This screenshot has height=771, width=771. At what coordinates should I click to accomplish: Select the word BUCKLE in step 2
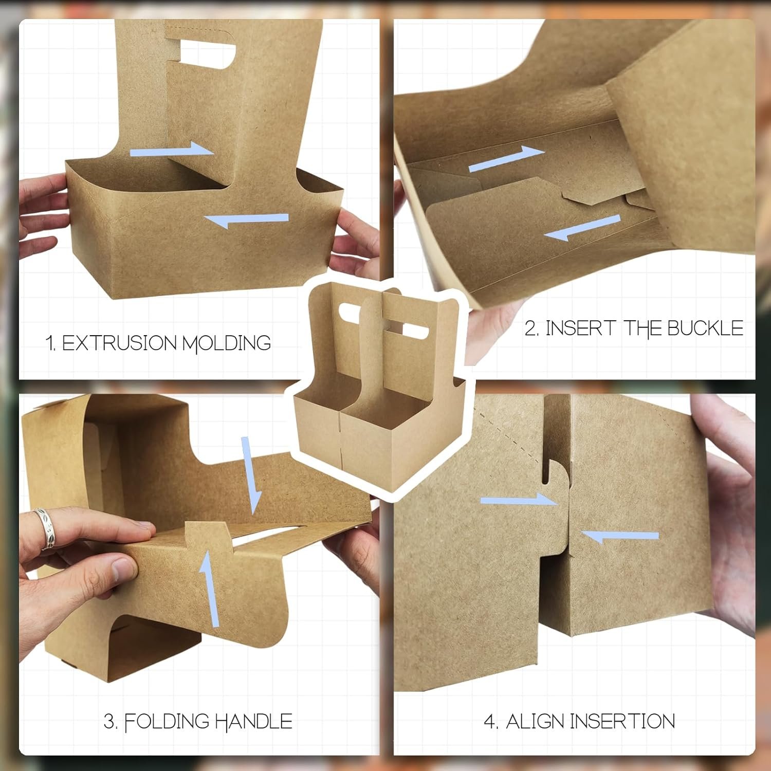point(705,328)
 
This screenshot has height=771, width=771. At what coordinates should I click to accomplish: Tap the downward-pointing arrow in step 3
point(251,475)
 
